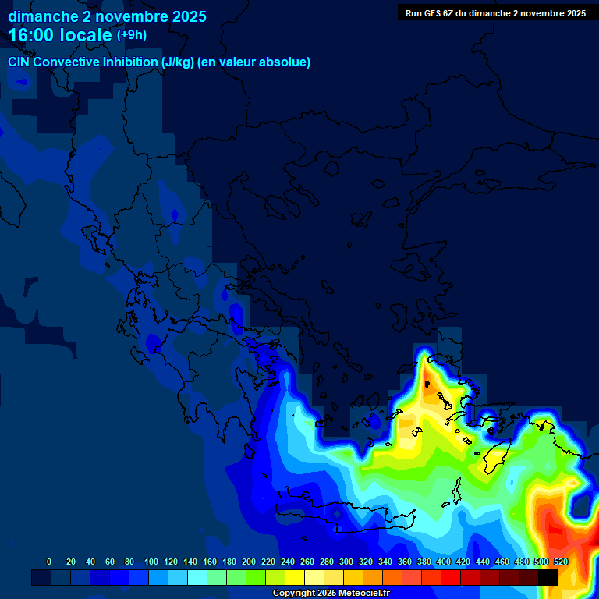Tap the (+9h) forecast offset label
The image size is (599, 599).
click(x=131, y=35)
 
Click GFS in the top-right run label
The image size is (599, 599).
click(x=436, y=13)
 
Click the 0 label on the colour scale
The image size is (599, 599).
click(x=49, y=562)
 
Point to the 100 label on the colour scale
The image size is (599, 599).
click(x=151, y=562)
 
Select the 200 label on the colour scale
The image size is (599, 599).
click(x=249, y=562)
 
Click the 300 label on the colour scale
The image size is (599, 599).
click(x=346, y=562)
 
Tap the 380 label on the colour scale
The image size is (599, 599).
click(x=424, y=562)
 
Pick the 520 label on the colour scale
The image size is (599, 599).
click(x=560, y=562)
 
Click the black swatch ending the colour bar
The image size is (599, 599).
click(x=548, y=577)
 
